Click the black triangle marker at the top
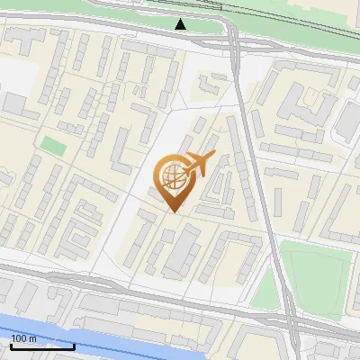coord(181,24)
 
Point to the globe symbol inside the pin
coord(172,175)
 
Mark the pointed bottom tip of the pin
coord(174,211)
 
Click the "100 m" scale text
coord(24,338)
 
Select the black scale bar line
coord(42,346)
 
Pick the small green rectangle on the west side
coord(53,145)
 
